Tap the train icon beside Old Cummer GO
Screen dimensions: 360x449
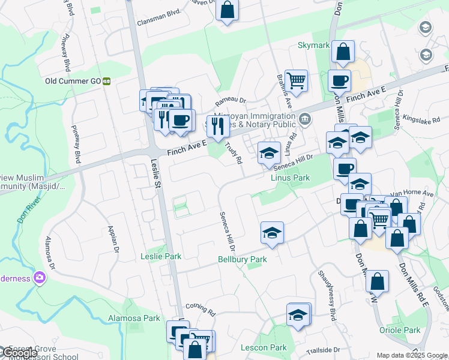[107, 81]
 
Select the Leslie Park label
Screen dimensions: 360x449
[161, 256]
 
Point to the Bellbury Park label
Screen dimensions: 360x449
[242, 260]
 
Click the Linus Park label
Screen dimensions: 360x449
[290, 178]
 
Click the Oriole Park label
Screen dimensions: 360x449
[400, 330]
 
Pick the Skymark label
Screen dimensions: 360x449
[313, 46]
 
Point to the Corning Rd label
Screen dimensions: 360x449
[200, 308]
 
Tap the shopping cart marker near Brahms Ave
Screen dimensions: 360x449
[296, 80]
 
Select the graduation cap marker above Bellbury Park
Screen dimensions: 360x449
[272, 233]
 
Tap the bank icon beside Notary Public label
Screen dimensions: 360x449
[305, 118]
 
